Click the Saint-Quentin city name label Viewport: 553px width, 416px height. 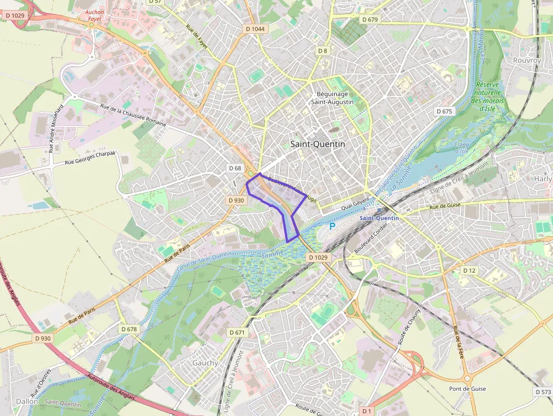click(x=317, y=144)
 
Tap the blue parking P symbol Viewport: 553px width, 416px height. click(x=332, y=226)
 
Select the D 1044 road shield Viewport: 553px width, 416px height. click(x=255, y=29)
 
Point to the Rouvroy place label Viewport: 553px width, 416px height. click(x=526, y=60)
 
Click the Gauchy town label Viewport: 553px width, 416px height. click(x=205, y=363)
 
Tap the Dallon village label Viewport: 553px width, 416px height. click(x=27, y=401)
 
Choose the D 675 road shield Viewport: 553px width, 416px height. click(x=445, y=111)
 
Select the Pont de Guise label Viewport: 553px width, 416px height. click(x=467, y=389)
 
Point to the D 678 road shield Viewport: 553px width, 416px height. click(x=129, y=329)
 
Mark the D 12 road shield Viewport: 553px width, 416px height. click(x=469, y=271)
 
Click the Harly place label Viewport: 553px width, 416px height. click(x=542, y=179)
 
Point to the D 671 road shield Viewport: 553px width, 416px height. click(x=238, y=332)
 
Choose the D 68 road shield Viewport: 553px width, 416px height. click(x=235, y=168)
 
